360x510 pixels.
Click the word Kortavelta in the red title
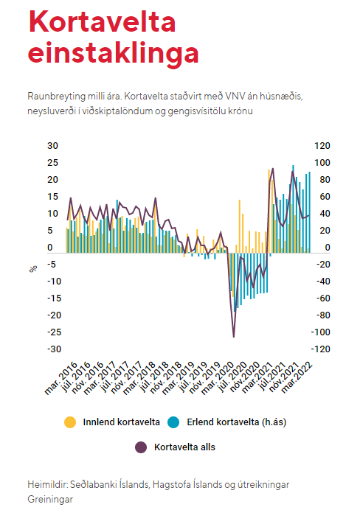[x=103, y=21]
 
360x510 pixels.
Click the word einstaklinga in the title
[x=114, y=54]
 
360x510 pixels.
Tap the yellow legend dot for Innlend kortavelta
[x=70, y=422]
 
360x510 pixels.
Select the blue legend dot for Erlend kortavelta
[x=173, y=422]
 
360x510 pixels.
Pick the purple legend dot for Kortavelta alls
[x=141, y=447]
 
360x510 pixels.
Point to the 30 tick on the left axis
[x=52, y=146]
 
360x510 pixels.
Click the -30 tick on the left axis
[x=54, y=349]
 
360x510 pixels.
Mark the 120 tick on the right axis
[x=322, y=146]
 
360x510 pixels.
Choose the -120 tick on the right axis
[x=321, y=349]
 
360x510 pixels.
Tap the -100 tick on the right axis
[x=321, y=332]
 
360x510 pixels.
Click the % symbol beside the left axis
[x=33, y=269]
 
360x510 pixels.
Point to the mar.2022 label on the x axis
[x=297, y=377]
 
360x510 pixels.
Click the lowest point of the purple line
[x=234, y=337]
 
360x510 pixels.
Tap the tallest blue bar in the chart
[x=294, y=209]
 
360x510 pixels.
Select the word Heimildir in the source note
[x=48, y=485]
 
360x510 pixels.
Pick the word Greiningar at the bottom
[x=50, y=499]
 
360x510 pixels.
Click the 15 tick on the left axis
[x=52, y=197]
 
